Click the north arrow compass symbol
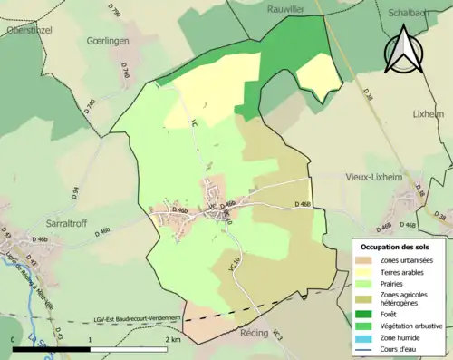403,50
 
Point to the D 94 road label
75,193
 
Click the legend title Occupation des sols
399,247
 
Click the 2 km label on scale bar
172,339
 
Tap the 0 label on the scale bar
14,339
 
